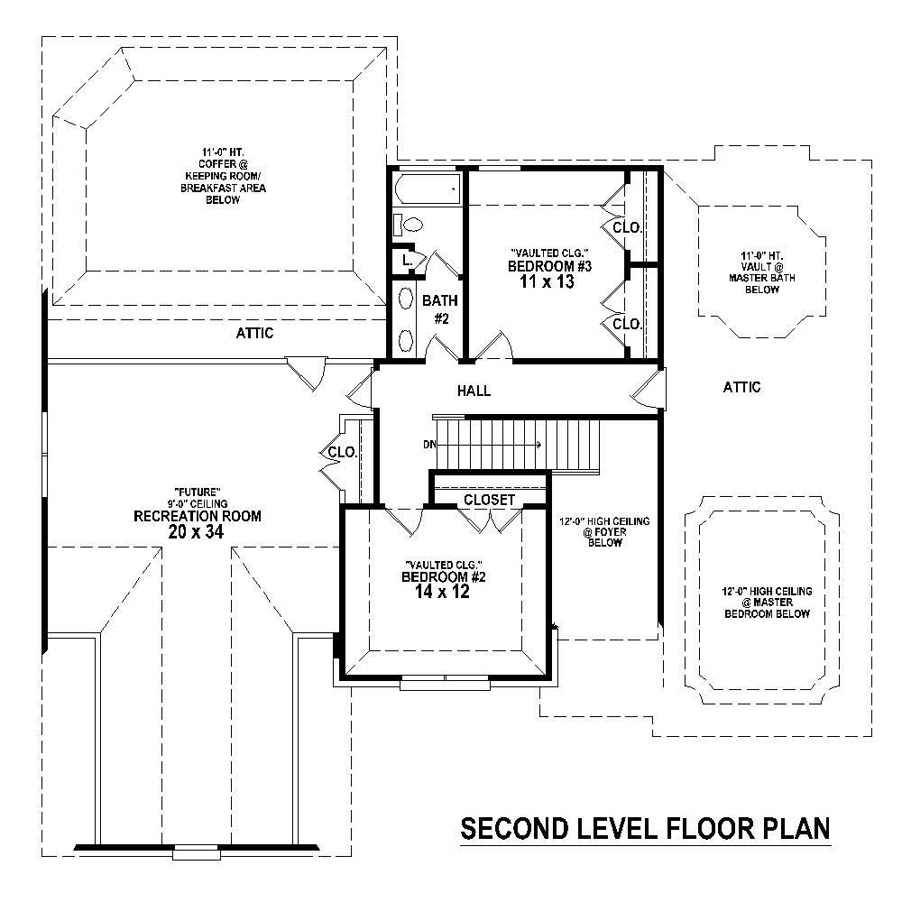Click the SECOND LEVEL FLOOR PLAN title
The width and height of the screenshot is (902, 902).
[x=645, y=828]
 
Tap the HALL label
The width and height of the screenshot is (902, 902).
[x=474, y=391]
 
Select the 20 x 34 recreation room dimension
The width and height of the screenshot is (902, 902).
[x=196, y=532]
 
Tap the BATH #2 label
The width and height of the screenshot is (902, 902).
[x=441, y=308]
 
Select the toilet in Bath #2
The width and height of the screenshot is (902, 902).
[x=410, y=225]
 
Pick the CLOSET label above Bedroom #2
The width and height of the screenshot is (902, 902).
[x=489, y=500]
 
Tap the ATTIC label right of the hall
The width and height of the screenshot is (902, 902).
[x=741, y=387]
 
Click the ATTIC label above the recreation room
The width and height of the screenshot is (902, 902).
[x=254, y=333]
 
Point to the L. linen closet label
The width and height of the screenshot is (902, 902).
[x=408, y=260]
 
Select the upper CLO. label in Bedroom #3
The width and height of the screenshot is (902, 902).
[x=627, y=227]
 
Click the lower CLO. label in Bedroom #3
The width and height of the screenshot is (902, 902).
[x=627, y=323]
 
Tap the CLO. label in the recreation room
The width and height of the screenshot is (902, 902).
[x=342, y=452]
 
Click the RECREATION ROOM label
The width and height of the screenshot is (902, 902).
[x=197, y=516]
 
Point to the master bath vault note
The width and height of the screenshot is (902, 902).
[x=756, y=272]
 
